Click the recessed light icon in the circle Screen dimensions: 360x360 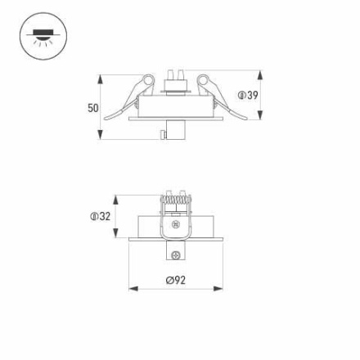[x=43, y=37]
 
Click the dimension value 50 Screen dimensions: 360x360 [x=92, y=108]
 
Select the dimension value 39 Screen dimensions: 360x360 [x=253, y=96]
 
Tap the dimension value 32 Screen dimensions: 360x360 [x=104, y=217]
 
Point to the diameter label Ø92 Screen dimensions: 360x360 [x=175, y=280]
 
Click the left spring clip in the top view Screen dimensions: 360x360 [x=135, y=97]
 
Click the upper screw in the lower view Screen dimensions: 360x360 [x=174, y=224]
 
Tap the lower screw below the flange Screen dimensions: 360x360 [x=173, y=255]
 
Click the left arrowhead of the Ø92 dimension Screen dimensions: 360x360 [x=133, y=289]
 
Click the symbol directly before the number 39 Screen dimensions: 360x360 [x=242, y=96]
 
